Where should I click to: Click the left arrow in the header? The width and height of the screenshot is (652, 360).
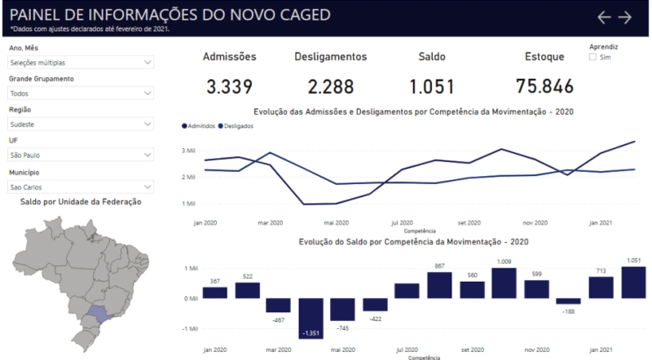(604, 17)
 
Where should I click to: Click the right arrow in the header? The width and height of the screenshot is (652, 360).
(625, 17)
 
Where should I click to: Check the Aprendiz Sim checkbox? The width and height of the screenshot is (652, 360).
(593, 58)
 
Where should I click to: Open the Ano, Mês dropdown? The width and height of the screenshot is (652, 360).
(81, 62)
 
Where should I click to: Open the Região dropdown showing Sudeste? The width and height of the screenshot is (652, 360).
(81, 124)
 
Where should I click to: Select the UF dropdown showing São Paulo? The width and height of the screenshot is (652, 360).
(81, 155)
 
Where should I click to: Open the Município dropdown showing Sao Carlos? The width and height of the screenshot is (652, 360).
(81, 186)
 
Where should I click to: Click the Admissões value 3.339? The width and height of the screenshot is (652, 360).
(229, 86)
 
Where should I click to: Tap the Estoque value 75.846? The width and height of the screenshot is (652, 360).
(544, 86)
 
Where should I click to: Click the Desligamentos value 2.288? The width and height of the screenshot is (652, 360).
(330, 86)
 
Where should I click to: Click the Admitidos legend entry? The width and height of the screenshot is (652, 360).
(199, 126)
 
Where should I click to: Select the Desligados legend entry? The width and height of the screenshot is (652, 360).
(236, 126)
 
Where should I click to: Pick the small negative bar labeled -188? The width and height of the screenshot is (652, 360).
(568, 301)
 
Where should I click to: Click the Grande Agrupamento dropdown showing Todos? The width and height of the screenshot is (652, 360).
(81, 93)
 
